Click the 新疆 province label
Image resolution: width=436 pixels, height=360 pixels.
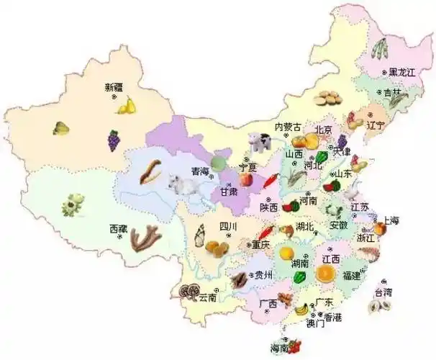(x=114, y=88)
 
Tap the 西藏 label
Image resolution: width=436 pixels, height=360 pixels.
(x=118, y=228)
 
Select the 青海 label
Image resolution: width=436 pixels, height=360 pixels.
(x=199, y=171)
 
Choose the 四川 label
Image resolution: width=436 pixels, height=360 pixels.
(x=228, y=227)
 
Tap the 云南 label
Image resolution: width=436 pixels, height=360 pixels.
(x=207, y=297)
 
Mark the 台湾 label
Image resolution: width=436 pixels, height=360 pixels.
(x=383, y=292)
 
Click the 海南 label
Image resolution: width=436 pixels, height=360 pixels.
(x=279, y=348)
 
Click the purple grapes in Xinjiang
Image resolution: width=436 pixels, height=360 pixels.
(x=114, y=140)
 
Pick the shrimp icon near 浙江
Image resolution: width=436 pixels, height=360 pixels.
(x=368, y=253)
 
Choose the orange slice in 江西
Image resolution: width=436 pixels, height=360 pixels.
(x=325, y=274)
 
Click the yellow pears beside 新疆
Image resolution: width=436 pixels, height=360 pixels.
(x=127, y=106)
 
